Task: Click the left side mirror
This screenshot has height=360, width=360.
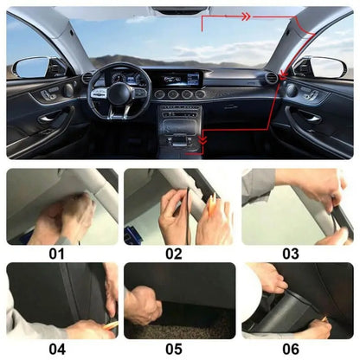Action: (x=32, y=67)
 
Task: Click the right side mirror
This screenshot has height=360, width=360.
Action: (x=327, y=67)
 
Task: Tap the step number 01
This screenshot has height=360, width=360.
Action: (x=57, y=254)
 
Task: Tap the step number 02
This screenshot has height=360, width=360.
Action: (x=175, y=254)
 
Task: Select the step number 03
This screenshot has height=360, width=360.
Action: (x=291, y=254)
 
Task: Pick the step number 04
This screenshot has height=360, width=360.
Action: (x=57, y=349)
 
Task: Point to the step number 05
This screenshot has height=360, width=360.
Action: (x=175, y=349)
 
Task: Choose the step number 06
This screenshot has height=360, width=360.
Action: (x=291, y=349)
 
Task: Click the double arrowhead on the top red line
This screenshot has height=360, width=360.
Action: (x=246, y=16)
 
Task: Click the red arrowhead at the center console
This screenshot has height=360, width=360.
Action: (x=203, y=139)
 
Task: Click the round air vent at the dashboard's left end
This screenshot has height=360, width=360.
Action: (x=87, y=79)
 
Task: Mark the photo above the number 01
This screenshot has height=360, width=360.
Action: (x=62, y=206)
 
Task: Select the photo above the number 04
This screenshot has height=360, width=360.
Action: (x=62, y=301)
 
